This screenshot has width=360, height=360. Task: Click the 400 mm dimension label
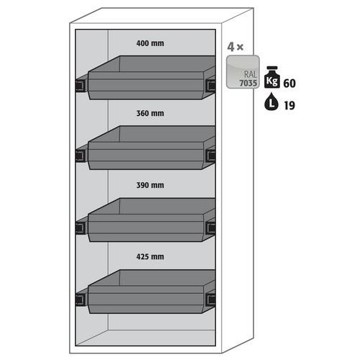point(150,43)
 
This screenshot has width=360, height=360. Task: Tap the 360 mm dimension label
point(150,113)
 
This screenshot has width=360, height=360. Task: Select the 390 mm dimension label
point(150,185)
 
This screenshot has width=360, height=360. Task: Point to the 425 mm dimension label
point(150,257)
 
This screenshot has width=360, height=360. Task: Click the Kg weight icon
point(272,77)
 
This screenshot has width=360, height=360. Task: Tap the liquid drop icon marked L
point(271,102)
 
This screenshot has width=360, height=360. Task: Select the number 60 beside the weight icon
point(289,84)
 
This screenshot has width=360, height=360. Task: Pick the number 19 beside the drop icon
point(289,106)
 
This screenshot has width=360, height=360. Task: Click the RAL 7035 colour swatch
point(243,72)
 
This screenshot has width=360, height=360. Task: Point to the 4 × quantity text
point(235,47)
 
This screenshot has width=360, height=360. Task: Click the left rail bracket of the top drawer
point(81,85)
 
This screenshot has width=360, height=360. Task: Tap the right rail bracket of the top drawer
point(211,85)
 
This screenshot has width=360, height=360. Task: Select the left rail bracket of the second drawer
point(81,156)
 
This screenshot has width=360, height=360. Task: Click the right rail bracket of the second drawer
point(211,156)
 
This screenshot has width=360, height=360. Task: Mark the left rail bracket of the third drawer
point(81,228)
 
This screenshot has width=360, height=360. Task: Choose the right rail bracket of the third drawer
point(211,228)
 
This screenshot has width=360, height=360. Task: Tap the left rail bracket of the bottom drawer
point(81,300)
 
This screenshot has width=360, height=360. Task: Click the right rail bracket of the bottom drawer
point(211,300)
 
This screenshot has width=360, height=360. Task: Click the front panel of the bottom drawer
point(145,300)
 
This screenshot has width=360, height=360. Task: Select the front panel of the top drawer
point(145,85)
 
